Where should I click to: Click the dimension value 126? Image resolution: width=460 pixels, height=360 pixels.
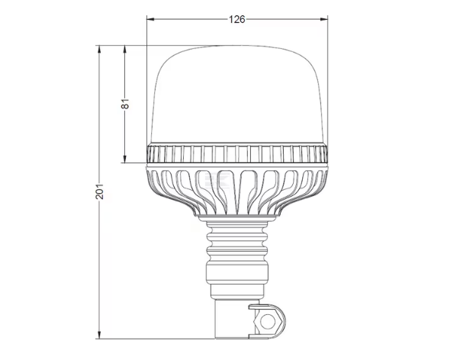click(236, 19)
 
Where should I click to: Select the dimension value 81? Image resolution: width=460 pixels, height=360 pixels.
click(125, 104)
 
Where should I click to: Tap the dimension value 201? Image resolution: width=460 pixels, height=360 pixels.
click(99, 191)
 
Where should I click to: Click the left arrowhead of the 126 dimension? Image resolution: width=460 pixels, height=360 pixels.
click(150, 19)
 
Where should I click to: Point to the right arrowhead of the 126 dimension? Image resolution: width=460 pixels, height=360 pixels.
click(324, 19)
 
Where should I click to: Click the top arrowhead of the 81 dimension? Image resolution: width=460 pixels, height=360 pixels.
click(124, 50)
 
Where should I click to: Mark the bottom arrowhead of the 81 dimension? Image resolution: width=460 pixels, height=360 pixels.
click(124, 159)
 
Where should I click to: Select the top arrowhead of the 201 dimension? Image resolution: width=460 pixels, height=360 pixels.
click(99, 50)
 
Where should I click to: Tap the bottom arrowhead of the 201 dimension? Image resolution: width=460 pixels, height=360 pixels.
click(99, 335)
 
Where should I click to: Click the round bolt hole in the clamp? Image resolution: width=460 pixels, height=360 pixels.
click(268, 322)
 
